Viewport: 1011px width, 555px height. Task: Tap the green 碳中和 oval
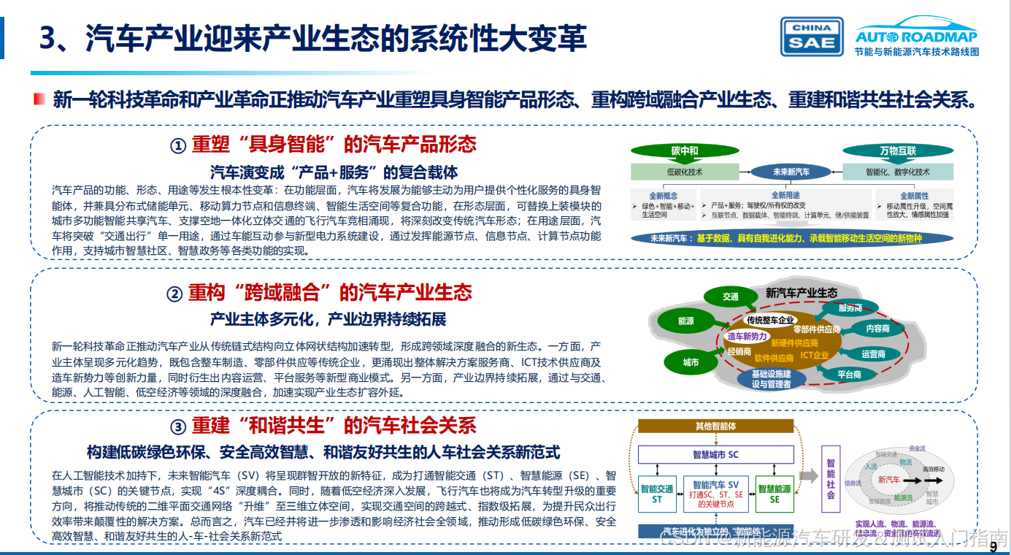pyautogui.click(x=684, y=151)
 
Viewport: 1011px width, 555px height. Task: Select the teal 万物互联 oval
pyautogui.click(x=897, y=151)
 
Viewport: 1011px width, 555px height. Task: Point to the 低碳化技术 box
pyautogui.click(x=685, y=172)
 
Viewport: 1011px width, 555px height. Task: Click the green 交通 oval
pyautogui.click(x=731, y=296)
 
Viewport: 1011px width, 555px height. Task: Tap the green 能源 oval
pyautogui.click(x=685, y=321)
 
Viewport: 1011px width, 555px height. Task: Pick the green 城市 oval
pyautogui.click(x=691, y=362)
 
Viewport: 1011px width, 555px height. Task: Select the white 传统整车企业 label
pyautogui.click(x=770, y=320)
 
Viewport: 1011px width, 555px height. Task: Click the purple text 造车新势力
pyautogui.click(x=747, y=337)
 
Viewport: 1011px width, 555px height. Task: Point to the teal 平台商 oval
pyautogui.click(x=849, y=375)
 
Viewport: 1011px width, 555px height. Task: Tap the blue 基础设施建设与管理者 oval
pyautogui.click(x=772, y=379)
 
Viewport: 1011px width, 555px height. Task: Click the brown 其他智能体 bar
pyautogui.click(x=715, y=426)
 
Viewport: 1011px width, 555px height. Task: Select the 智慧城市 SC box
pyautogui.click(x=715, y=454)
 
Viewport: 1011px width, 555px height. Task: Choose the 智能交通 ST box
pyautogui.click(x=657, y=494)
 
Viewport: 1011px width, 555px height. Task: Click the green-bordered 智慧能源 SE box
pyautogui.click(x=774, y=494)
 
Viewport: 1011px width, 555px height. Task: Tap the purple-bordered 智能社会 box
pyautogui.click(x=831, y=479)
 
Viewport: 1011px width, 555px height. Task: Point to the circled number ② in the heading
pyautogui.click(x=174, y=294)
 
